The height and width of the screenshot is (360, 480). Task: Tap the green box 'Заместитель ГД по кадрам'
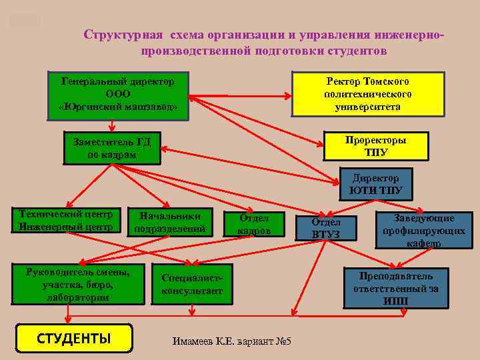coord(111,148)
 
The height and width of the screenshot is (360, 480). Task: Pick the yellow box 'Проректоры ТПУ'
coord(375,146)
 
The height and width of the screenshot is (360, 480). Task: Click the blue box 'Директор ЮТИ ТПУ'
coord(376,184)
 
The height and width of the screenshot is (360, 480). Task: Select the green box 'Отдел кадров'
coord(254,225)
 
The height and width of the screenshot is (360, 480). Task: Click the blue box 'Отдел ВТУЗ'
coord(325,228)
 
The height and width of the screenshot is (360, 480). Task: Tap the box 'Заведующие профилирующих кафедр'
coord(423,231)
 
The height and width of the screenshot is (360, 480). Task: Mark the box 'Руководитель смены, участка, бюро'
coord(77,285)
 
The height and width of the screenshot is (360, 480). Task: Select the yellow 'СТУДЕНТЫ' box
coord(73,338)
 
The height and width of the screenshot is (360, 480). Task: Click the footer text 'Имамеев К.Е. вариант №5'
coord(232,341)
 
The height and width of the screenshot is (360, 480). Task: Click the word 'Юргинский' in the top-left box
coord(93,107)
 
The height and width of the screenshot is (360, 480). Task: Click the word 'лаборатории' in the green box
coord(77,298)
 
